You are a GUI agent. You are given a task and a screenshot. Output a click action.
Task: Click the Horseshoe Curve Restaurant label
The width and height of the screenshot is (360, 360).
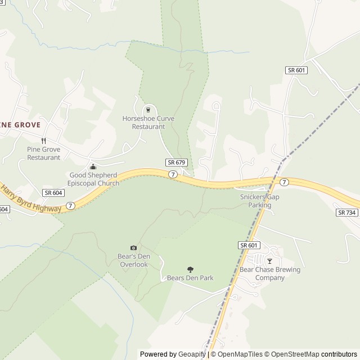pos(148,123)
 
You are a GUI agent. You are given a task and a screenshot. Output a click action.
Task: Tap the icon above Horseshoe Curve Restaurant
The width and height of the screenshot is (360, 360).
pos(148,110)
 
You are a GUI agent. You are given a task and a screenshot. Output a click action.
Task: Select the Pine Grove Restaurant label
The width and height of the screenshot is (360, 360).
pos(43,153)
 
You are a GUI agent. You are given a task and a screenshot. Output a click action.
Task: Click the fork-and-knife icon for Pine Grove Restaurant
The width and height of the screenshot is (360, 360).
pos(43,141)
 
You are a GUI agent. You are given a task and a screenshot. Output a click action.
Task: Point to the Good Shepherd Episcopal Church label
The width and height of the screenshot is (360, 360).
pos(93,179)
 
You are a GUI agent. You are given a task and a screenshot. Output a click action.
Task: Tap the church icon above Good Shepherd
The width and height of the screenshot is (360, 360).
pos(93,166)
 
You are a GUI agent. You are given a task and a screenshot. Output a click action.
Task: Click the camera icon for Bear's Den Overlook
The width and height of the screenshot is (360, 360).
pos(133,248)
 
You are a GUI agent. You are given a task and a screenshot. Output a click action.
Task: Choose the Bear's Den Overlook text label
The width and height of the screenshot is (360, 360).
pos(133,260)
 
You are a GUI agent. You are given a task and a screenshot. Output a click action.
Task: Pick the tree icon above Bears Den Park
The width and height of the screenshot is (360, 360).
pos(190,269)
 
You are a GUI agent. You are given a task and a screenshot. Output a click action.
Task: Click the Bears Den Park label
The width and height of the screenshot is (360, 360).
pos(190,278)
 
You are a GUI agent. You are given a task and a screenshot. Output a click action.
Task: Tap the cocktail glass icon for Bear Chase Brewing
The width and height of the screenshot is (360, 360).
pos(269,261)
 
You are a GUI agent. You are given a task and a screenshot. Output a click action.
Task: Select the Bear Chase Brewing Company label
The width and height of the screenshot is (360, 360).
pos(269,273)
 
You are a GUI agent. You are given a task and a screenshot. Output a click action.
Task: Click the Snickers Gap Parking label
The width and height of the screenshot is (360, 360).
pos(259,201)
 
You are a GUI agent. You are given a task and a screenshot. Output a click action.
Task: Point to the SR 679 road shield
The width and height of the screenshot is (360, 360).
pos(175,162)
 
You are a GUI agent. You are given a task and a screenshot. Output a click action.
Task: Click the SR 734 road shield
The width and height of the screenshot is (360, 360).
pos(346,213)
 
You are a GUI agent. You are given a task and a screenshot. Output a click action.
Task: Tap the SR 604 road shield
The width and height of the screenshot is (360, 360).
pos(53,192)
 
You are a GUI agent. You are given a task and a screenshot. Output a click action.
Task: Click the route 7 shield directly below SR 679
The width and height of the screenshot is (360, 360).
pos(173,174)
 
